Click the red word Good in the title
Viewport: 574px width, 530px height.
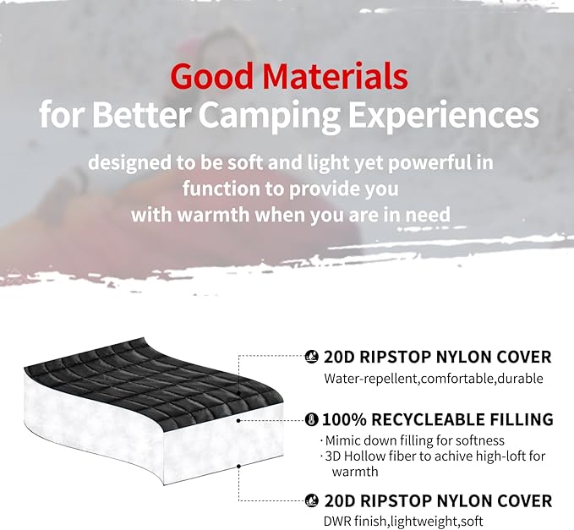click(210, 77)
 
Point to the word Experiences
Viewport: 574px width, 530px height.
click(455, 114)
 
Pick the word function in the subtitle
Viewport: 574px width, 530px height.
click(222, 187)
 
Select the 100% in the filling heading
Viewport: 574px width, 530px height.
click(344, 419)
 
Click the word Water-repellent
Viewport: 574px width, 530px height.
click(369, 379)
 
